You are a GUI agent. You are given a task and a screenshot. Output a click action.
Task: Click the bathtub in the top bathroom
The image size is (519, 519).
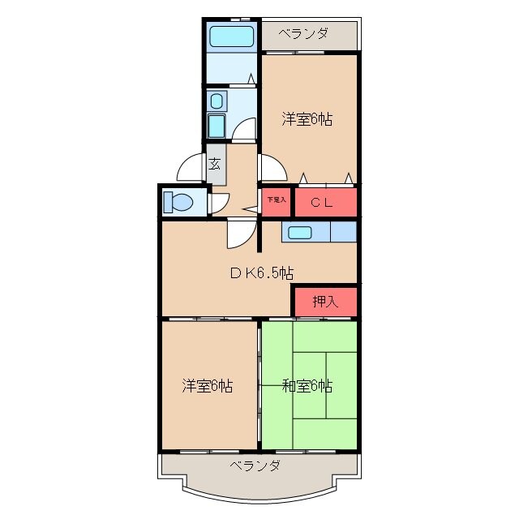tap(231, 36)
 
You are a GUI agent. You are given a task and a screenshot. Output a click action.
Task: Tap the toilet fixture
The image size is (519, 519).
tap(178, 201)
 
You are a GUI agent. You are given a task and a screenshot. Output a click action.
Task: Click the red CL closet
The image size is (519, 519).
tap(325, 202)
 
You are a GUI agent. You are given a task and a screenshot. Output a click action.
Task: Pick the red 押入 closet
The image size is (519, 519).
tap(324, 302)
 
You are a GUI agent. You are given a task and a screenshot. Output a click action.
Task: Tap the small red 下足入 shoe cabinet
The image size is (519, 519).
tap(276, 201)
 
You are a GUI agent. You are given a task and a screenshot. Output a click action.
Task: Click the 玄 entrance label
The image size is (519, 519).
tap(215, 164)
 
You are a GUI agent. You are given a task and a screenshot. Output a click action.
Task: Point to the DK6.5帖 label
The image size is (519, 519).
tap(260, 273)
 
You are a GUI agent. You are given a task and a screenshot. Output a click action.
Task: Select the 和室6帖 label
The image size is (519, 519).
tap(307, 385)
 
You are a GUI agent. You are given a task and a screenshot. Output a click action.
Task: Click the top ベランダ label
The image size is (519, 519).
tap(304, 34)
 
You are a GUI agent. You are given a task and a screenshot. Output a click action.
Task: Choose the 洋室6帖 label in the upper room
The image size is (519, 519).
tap(307, 119)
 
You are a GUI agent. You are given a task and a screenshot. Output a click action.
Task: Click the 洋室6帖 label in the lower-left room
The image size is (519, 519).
tap(208, 385)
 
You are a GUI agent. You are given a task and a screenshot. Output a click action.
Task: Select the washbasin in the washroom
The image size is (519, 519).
tap(217, 101)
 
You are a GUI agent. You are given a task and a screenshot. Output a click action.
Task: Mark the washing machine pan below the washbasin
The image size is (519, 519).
tap(217, 127)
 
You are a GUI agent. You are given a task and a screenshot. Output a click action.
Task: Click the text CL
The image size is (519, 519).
tap(324, 202)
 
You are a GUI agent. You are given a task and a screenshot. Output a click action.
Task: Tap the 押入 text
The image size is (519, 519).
tap(324, 302)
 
